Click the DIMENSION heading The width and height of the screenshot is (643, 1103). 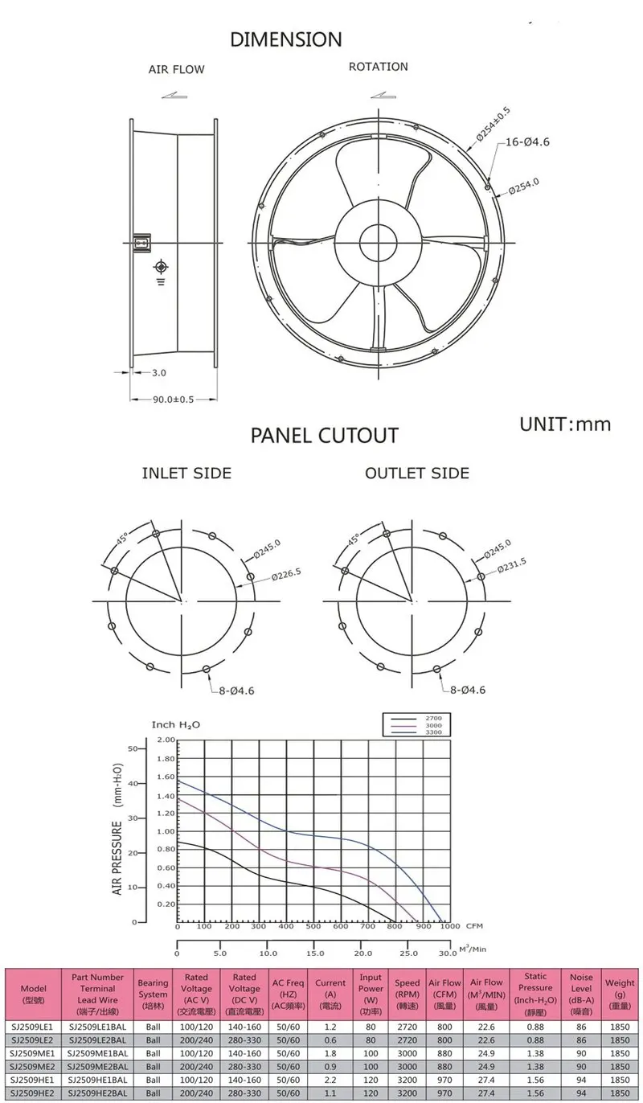[285, 39]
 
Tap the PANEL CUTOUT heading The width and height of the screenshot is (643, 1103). [324, 436]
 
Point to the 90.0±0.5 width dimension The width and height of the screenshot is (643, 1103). [174, 399]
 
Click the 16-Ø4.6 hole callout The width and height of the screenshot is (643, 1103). [527, 142]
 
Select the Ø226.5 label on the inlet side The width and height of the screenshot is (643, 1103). [285, 574]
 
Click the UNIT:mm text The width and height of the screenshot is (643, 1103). [564, 424]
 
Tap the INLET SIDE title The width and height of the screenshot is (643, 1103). [186, 473]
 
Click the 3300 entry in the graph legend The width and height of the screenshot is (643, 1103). [433, 732]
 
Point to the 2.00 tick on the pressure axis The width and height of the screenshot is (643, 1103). [165, 740]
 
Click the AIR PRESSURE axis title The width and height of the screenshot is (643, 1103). [117, 858]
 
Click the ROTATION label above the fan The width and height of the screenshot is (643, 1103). [378, 67]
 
